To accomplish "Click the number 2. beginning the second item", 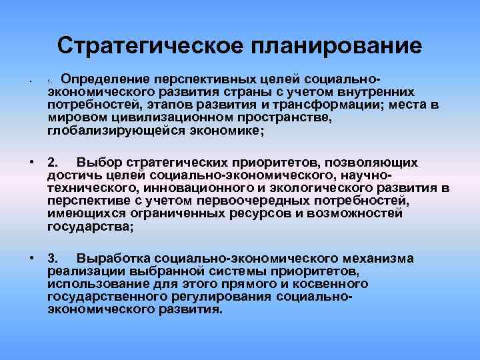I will [x=53, y=162].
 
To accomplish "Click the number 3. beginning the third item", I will [x=53, y=259].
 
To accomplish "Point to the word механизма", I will [x=377, y=259].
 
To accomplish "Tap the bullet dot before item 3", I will [x=31, y=259].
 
